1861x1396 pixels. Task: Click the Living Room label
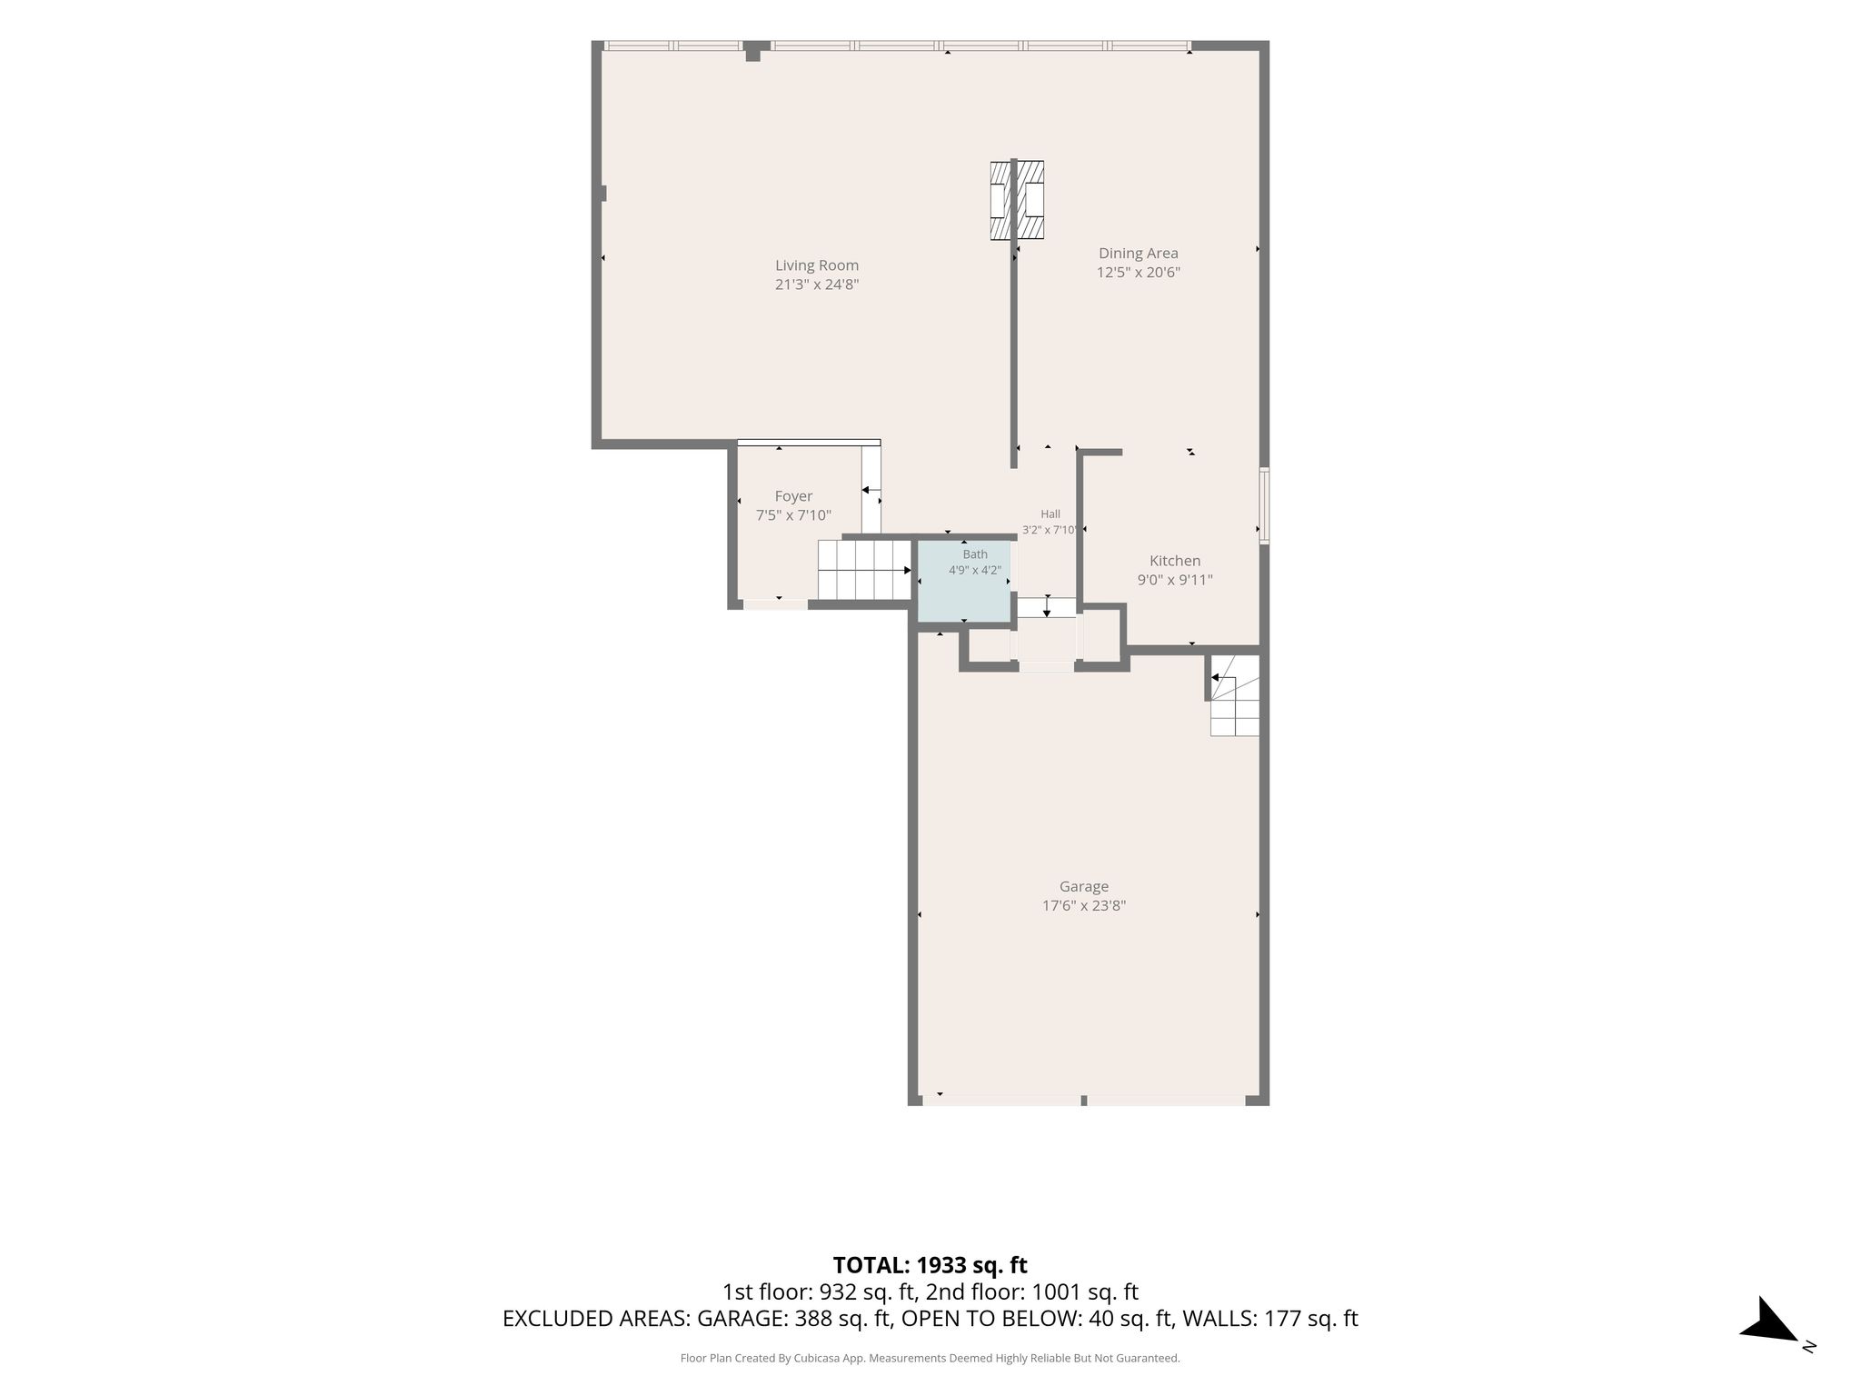[x=817, y=265]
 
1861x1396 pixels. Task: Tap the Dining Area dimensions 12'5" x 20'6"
[x=1139, y=272]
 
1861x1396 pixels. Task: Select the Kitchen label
[x=1175, y=561]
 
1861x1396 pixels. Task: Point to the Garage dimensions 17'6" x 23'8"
[x=1084, y=905]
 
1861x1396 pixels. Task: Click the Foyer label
[x=793, y=496]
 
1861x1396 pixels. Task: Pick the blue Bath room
[x=964, y=582]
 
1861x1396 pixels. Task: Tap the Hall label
[x=1050, y=514]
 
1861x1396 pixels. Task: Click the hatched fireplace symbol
[x=1017, y=201]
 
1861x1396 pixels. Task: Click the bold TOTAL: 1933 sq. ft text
[x=930, y=1265]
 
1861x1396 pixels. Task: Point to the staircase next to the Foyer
[x=864, y=570]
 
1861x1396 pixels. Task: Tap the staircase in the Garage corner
[x=1234, y=695]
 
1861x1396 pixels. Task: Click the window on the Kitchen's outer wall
[x=1264, y=505]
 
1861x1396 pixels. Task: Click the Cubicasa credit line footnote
[x=930, y=1359]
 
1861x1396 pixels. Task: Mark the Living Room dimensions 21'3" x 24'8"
[x=817, y=284]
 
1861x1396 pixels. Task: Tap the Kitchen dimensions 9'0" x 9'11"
[x=1175, y=580]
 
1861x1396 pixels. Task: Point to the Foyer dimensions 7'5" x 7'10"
[x=793, y=515]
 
